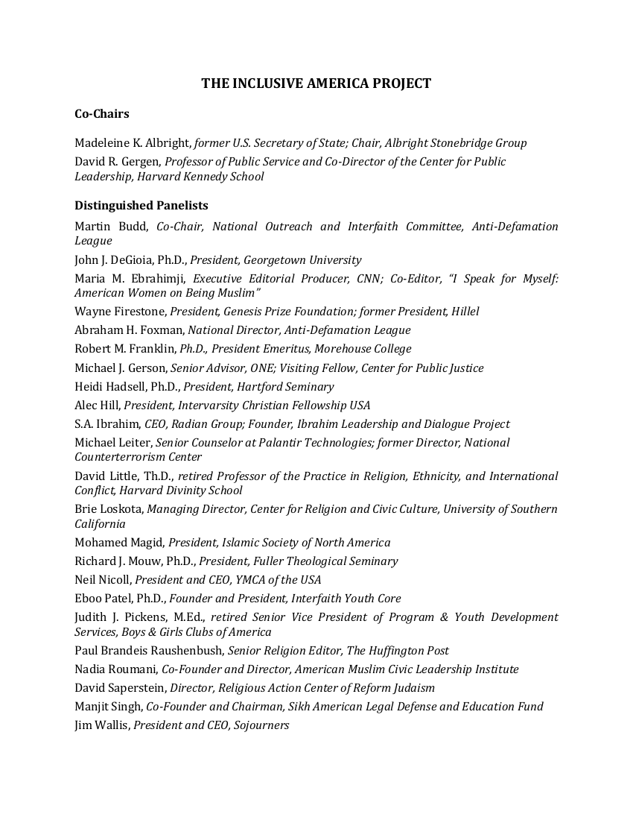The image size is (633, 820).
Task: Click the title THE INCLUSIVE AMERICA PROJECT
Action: coord(316,83)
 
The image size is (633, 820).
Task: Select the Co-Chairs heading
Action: coord(101,114)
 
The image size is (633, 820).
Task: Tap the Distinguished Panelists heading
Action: coord(141,206)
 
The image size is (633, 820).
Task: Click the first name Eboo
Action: coord(88,599)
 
